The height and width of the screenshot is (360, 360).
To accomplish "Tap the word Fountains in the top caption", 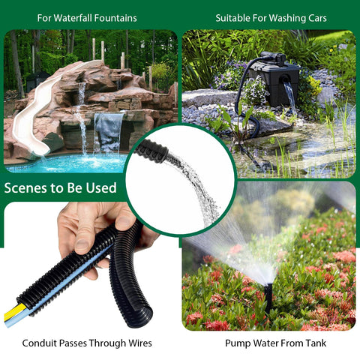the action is tap(115, 18).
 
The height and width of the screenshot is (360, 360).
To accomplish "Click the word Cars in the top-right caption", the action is tap(317, 18).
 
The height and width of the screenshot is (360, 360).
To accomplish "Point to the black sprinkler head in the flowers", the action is tap(268, 298).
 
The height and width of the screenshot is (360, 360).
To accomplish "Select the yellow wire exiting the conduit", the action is tap(13, 311).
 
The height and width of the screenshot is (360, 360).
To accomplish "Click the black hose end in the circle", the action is tap(152, 151).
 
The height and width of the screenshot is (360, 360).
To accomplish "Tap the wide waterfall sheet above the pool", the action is tap(109, 133).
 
